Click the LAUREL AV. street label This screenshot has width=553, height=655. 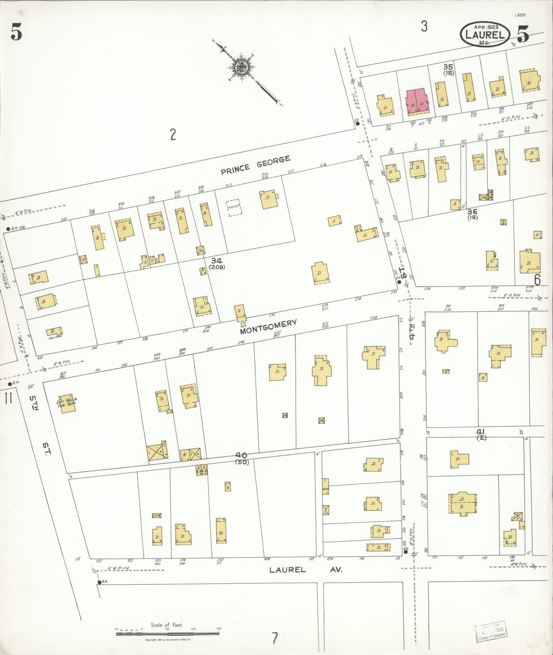(x=305, y=570)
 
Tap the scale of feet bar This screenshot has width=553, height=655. (x=168, y=634)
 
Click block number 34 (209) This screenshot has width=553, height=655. (x=217, y=263)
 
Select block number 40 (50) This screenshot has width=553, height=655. (x=242, y=458)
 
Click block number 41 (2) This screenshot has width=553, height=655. (x=482, y=434)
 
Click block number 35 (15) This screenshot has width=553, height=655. (x=448, y=70)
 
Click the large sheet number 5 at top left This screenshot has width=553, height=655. (x=16, y=33)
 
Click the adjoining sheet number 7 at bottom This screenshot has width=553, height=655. (x=275, y=638)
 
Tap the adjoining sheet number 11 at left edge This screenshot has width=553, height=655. (x=8, y=399)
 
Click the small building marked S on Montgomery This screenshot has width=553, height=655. (x=239, y=312)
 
